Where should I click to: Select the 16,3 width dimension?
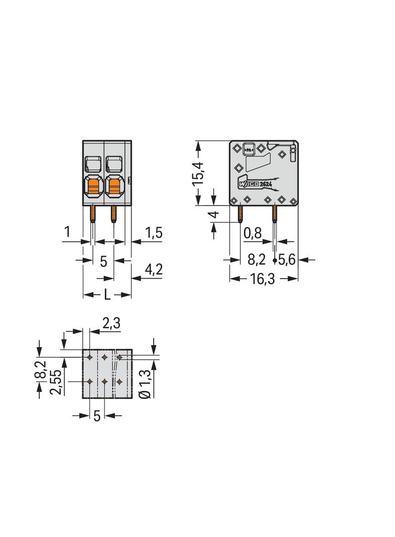[x=262, y=279]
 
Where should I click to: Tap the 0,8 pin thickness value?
[x=252, y=233]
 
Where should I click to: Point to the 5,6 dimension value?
[x=287, y=260]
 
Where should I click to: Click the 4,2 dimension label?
[x=154, y=270]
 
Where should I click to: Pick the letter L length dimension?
[x=107, y=295]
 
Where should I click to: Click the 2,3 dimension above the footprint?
[x=111, y=323]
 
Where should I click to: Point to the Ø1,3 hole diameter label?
[x=145, y=383]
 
